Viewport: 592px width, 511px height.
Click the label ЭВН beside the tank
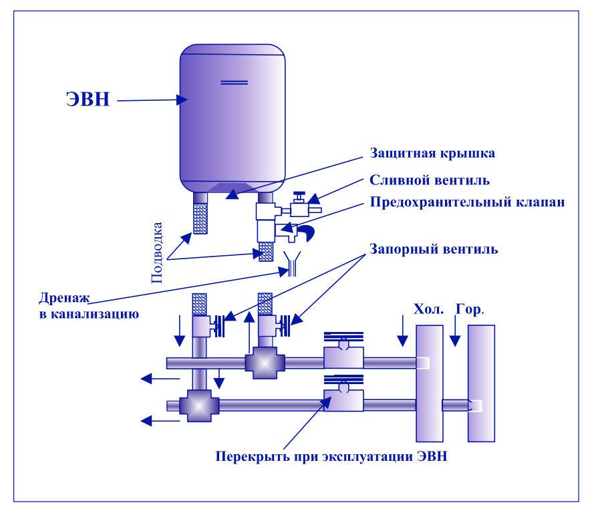tap(88, 99)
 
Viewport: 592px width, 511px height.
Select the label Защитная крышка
tap(432, 154)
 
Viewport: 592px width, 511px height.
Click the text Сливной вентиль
tap(430, 180)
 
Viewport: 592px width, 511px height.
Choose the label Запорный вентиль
tap(433, 249)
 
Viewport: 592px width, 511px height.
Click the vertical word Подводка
tap(158, 252)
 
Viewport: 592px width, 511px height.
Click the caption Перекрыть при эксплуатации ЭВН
tap(331, 457)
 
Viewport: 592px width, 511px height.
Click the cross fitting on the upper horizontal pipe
tap(265, 363)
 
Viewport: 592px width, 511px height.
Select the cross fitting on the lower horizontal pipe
tap(199, 405)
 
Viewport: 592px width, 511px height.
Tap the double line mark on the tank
tap(234, 82)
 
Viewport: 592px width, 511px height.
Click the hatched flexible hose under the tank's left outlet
tap(199, 213)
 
